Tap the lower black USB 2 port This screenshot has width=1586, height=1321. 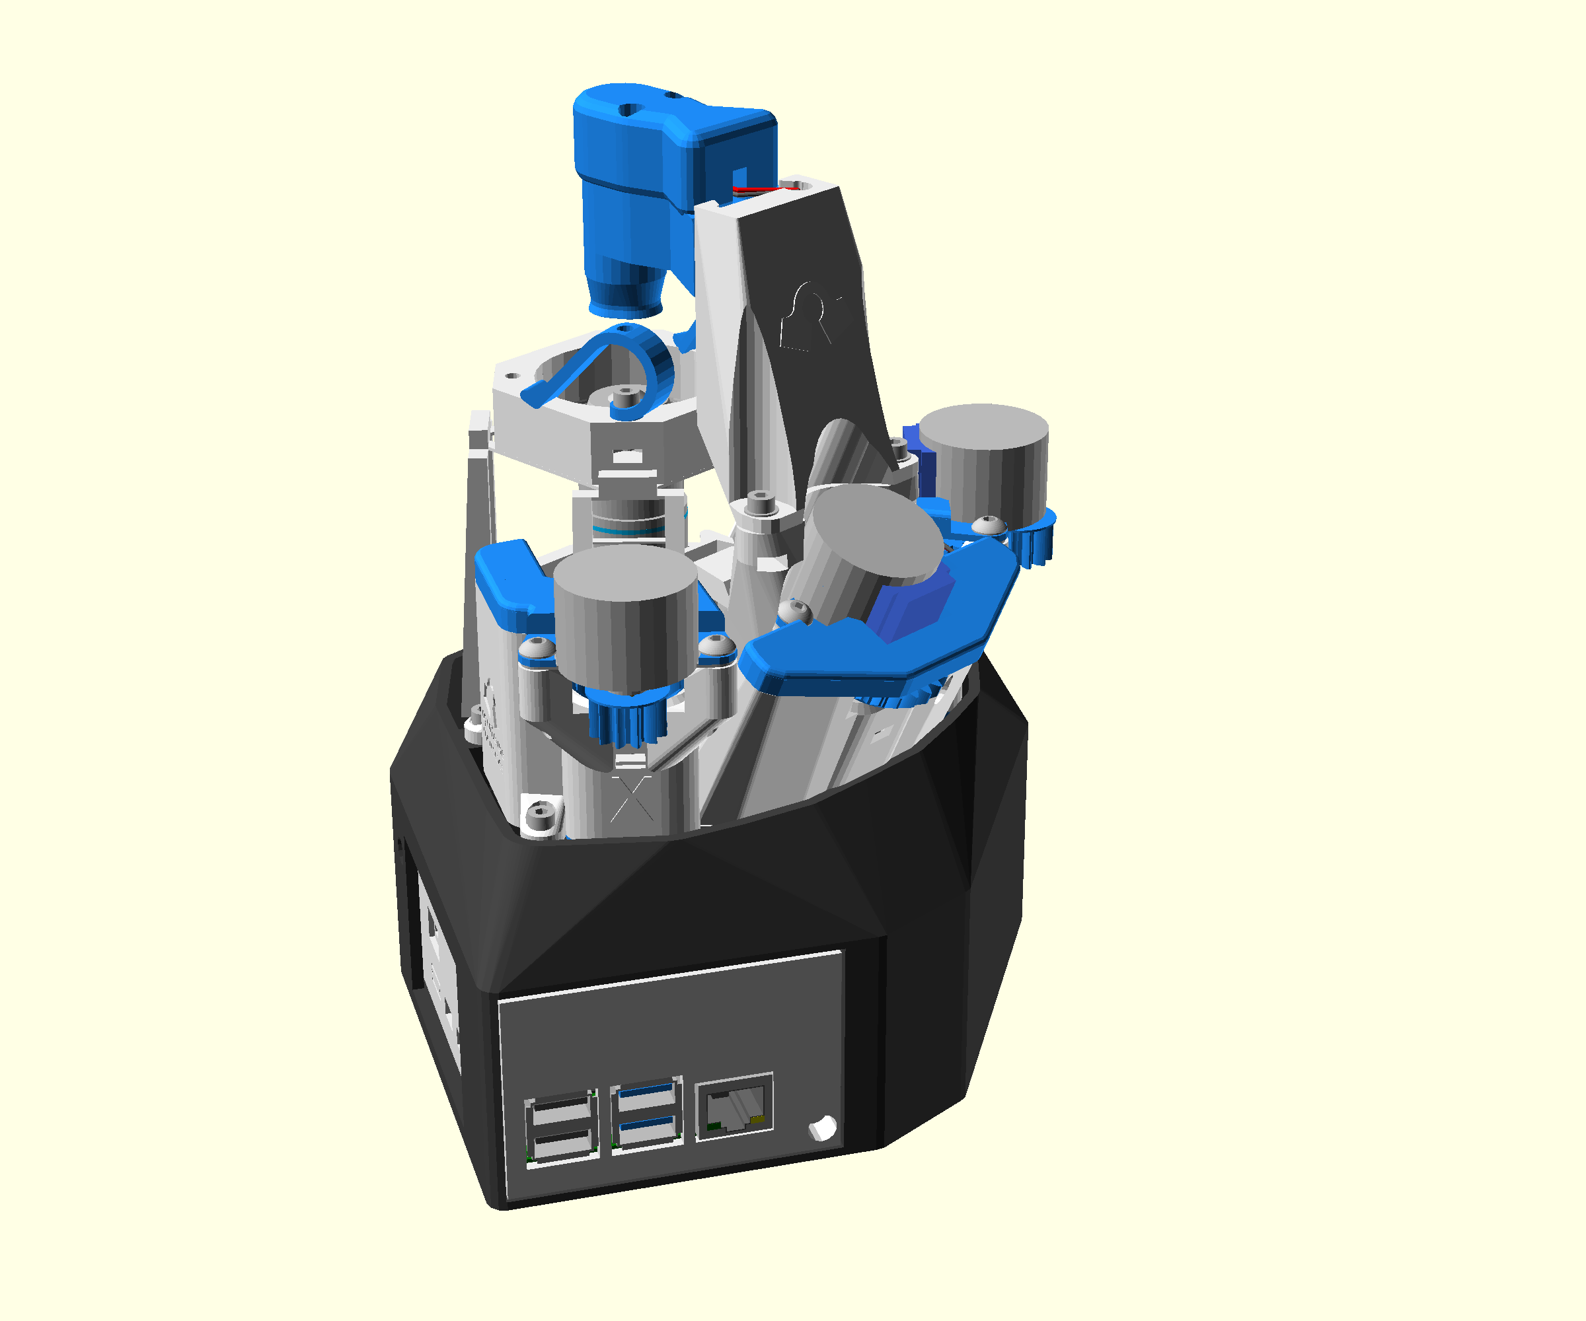pos(560,1145)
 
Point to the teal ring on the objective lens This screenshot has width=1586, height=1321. pos(630,532)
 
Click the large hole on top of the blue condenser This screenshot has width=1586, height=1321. pos(625,110)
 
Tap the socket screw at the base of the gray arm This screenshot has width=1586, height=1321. pos(761,502)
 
